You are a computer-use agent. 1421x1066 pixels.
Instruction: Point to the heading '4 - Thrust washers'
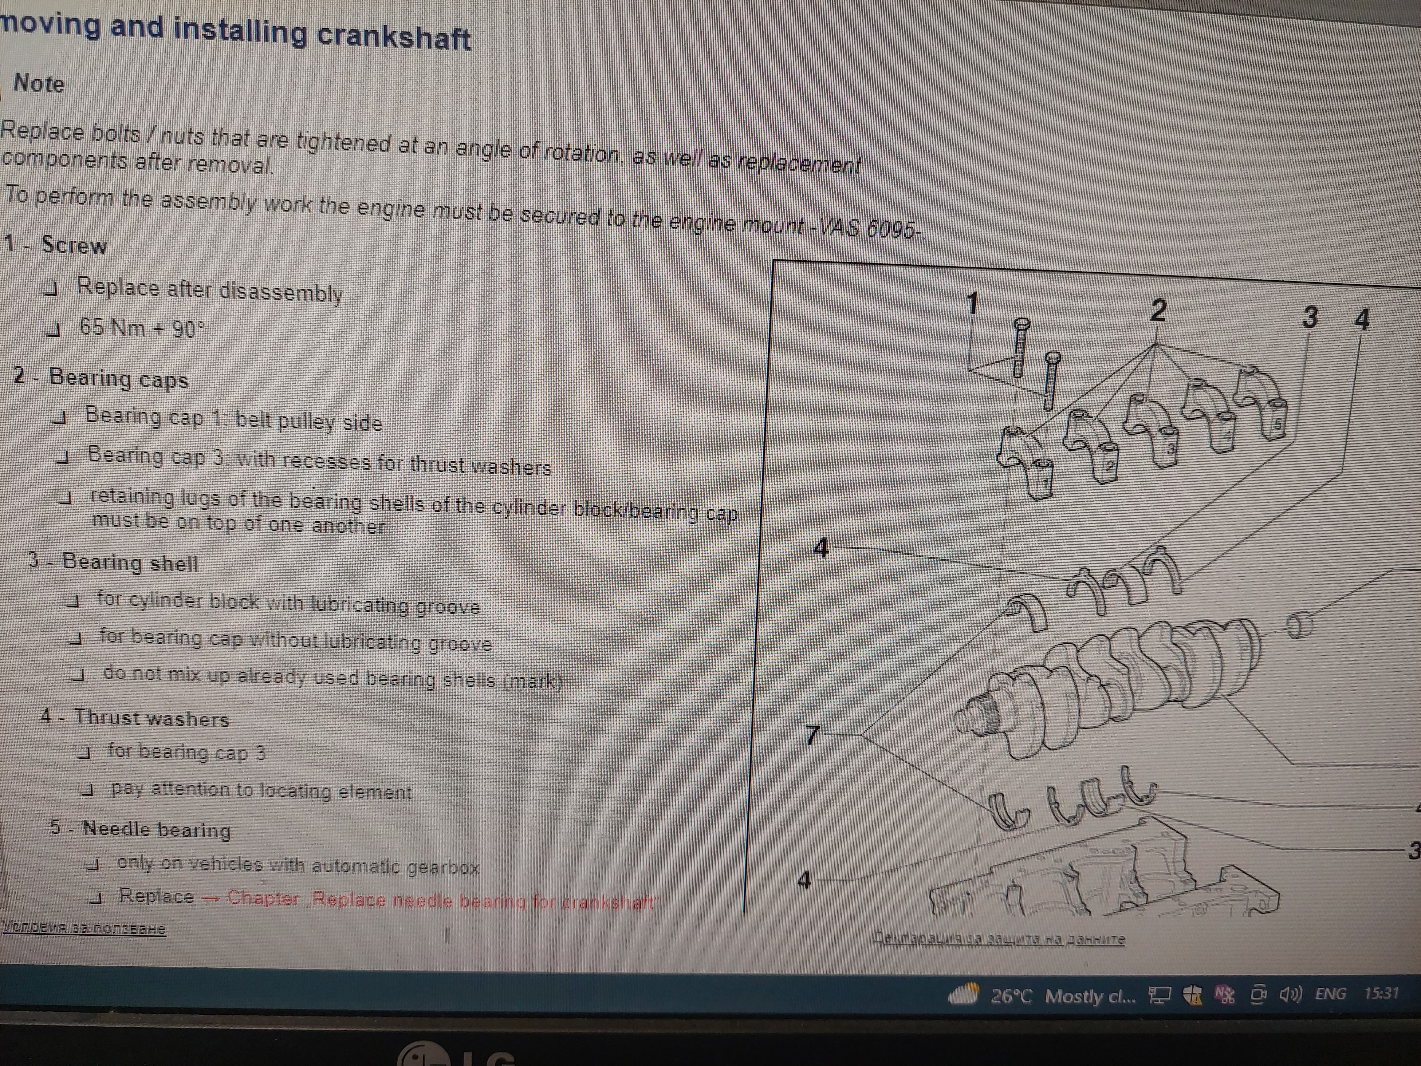pyautogui.click(x=135, y=717)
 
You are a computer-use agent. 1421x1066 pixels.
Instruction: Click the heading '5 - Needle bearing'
pyautogui.click(x=141, y=829)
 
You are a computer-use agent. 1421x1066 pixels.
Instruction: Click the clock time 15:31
pyautogui.click(x=1381, y=993)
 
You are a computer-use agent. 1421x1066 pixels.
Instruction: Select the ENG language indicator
pyautogui.click(x=1330, y=994)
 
